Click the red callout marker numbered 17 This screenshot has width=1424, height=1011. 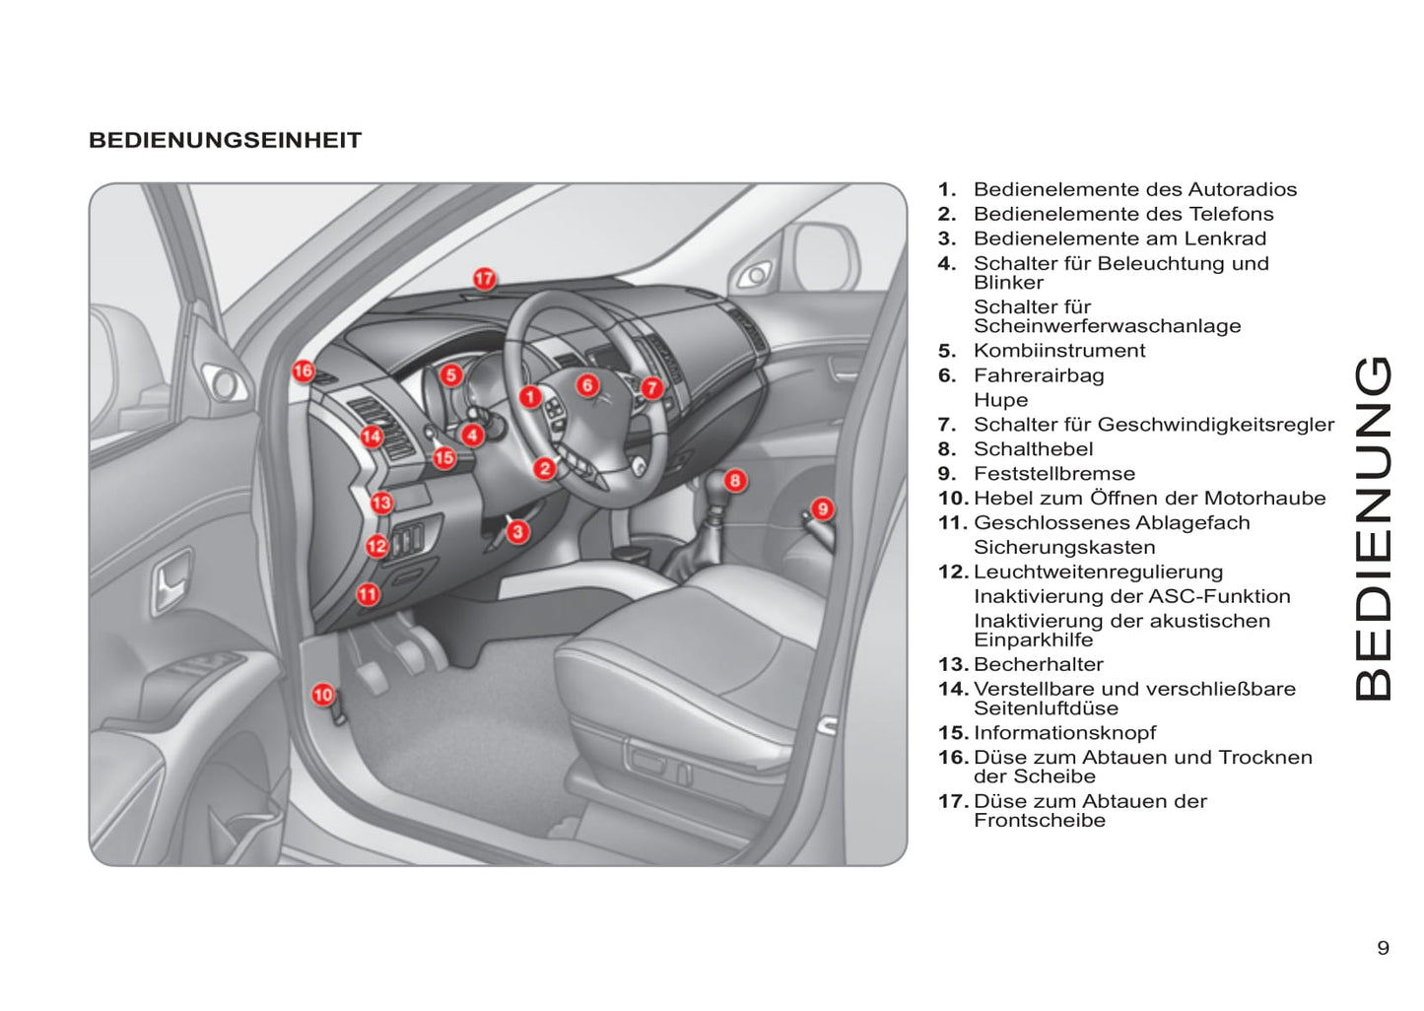click(x=484, y=279)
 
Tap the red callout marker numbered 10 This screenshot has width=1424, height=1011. click(x=323, y=695)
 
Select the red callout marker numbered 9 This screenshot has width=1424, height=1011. click(x=822, y=508)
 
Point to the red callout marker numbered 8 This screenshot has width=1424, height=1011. click(x=735, y=481)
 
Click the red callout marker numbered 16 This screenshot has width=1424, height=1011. click(x=303, y=371)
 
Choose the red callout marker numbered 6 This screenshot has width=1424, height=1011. click(x=587, y=384)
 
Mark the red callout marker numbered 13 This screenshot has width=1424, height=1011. click(x=381, y=503)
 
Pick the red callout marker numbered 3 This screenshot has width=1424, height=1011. click(x=518, y=532)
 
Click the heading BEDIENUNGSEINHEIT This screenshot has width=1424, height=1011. click(x=226, y=140)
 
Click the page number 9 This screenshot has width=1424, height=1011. click(x=1383, y=948)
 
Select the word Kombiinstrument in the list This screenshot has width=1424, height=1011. click(x=1058, y=351)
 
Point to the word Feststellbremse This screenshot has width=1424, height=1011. click(x=1053, y=474)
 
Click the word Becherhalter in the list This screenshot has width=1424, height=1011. click(x=1038, y=665)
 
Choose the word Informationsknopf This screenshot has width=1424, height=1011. click(x=1064, y=733)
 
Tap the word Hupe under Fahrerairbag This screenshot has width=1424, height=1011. click(x=1000, y=400)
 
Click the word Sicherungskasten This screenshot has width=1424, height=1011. click(x=1064, y=548)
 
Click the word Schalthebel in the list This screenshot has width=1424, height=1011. click(x=1033, y=449)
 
